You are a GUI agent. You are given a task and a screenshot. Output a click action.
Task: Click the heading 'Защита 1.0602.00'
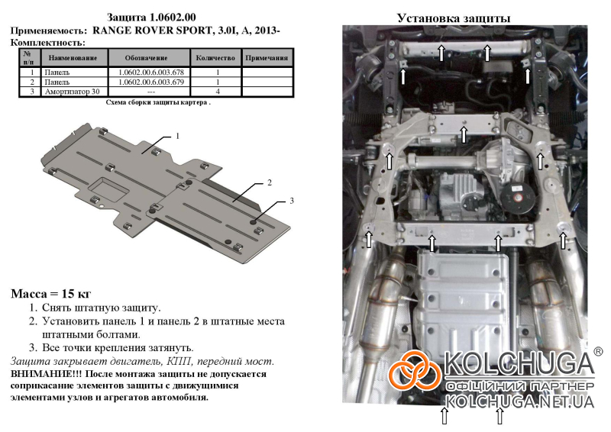pyautogui.click(x=151, y=18)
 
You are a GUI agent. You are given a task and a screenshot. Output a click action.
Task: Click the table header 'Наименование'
pyautogui.click(x=73, y=58)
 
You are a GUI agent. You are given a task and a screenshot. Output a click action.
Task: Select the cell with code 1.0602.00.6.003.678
pyautogui.click(x=151, y=73)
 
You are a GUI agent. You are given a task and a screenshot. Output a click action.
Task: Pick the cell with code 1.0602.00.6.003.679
pyautogui.click(x=151, y=82)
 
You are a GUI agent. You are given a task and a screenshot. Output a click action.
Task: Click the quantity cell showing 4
pyautogui.click(x=218, y=92)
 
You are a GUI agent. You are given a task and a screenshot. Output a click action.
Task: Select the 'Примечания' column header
pyautogui.click(x=267, y=58)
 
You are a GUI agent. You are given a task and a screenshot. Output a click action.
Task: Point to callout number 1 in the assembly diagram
pyautogui.click(x=178, y=136)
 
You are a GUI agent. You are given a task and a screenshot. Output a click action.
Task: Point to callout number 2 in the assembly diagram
pyautogui.click(x=270, y=182)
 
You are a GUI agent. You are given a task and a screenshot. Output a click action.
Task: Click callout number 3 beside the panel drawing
pyautogui.click(x=292, y=201)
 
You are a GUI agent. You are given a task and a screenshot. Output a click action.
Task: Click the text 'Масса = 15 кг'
pyautogui.click(x=50, y=294)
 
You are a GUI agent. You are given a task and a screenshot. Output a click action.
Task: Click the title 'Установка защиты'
pyautogui.click(x=454, y=18)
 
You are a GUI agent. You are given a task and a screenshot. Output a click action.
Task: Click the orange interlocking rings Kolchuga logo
pyautogui.click(x=415, y=370)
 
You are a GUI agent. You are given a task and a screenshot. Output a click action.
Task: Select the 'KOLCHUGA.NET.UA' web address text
pyautogui.click(x=519, y=401)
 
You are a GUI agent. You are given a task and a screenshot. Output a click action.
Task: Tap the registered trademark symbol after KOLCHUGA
pyautogui.click(x=598, y=352)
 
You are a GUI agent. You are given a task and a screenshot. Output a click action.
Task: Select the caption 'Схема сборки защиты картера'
pyautogui.click(x=158, y=103)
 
